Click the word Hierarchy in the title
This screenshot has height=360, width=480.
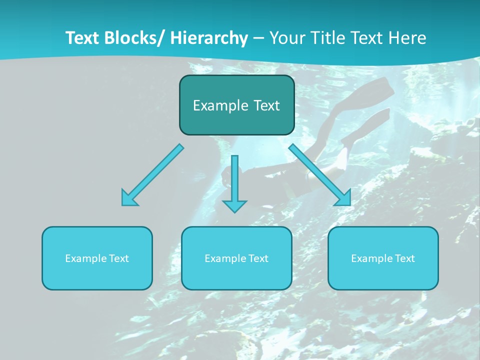[x=209, y=38]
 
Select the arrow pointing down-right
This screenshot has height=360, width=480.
[x=318, y=173]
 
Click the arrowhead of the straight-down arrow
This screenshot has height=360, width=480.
[x=234, y=206]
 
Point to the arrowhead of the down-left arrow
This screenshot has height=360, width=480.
[x=128, y=199]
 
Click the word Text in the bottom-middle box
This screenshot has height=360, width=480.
[x=258, y=258]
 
